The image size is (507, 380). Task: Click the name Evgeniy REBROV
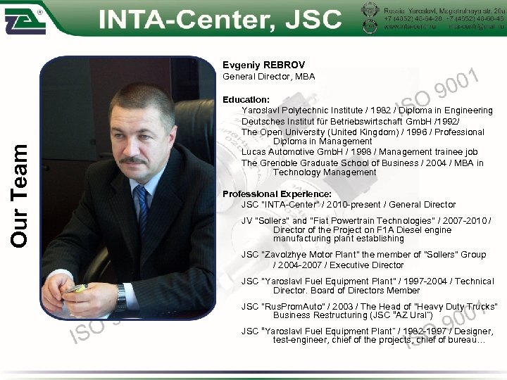[263, 65]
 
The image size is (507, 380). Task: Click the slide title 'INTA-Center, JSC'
[220, 19]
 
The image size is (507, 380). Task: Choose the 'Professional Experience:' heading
[277, 194]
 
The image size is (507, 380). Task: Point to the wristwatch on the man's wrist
[122, 295]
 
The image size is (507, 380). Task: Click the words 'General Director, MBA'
[268, 76]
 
